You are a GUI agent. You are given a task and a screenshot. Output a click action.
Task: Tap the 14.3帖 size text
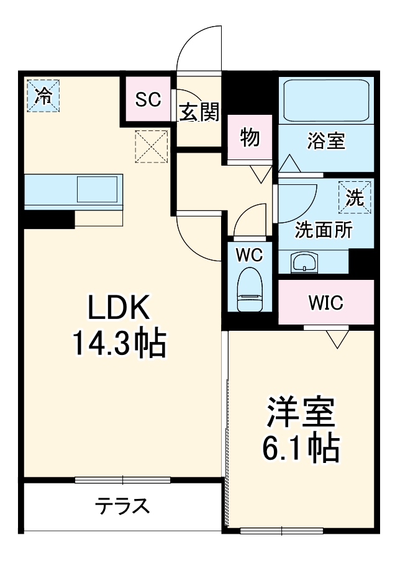click(x=119, y=343)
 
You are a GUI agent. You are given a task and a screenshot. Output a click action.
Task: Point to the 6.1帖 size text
click(x=301, y=448)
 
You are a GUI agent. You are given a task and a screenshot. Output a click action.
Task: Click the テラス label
click(x=122, y=506)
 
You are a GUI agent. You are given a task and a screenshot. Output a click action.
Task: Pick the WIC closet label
click(x=325, y=303)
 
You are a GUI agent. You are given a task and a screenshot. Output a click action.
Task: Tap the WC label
click(x=250, y=254)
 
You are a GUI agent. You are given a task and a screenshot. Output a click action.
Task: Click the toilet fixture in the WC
click(x=250, y=289)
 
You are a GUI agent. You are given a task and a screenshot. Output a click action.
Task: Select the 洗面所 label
click(x=323, y=230)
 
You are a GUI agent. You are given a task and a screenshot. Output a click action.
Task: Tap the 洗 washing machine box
click(x=355, y=198)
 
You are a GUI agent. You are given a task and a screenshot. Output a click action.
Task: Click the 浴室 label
click(x=326, y=141)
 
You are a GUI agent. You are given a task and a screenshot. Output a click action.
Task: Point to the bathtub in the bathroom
click(x=325, y=100)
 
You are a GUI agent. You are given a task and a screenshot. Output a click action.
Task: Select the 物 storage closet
click(x=250, y=138)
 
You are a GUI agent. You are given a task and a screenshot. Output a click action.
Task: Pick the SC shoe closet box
click(x=148, y=99)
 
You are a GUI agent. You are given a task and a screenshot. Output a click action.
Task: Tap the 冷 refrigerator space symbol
click(x=43, y=96)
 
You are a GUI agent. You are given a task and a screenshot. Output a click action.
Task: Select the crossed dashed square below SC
click(x=152, y=146)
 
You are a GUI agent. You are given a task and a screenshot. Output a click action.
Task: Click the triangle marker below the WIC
click(x=338, y=339)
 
